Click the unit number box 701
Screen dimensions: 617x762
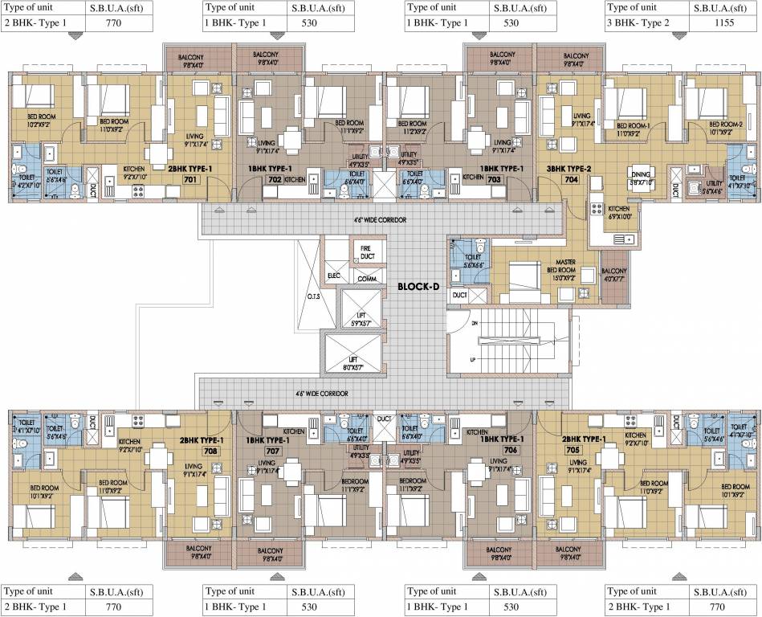click(190, 181)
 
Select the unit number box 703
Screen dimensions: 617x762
click(493, 181)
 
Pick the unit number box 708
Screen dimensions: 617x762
click(189, 452)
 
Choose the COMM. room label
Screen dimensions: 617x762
click(367, 279)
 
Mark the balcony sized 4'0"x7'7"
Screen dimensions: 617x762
click(613, 276)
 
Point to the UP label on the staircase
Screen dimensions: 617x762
click(472, 358)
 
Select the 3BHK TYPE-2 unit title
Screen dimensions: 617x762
click(571, 170)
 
